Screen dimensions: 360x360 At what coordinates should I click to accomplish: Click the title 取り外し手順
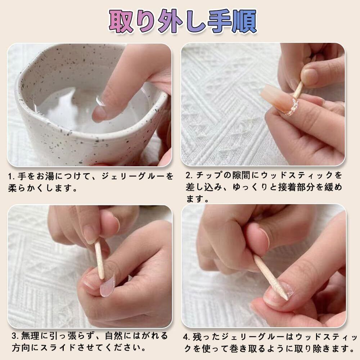coord(183,21)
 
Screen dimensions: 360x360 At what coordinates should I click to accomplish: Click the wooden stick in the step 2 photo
coord(298,90)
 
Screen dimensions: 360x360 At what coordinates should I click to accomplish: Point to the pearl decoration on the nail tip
coord(292,107)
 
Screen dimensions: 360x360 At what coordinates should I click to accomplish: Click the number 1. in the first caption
coord(12,176)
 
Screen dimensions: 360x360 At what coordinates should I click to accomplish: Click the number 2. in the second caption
coord(189,175)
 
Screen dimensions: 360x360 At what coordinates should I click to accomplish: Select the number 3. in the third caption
coord(15,336)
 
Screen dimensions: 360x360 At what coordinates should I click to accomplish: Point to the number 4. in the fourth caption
coord(186,337)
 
